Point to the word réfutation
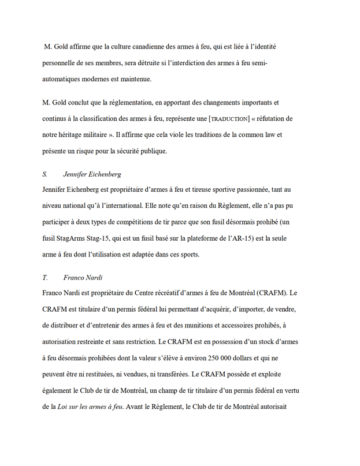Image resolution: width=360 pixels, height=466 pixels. [274, 118]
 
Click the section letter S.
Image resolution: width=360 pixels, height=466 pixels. [45, 174]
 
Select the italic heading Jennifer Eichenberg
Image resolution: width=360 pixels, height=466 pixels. [92, 174]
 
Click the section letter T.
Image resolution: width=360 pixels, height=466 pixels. [45, 277]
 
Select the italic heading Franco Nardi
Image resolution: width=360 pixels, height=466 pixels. [83, 277]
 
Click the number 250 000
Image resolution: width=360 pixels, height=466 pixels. [228, 357]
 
